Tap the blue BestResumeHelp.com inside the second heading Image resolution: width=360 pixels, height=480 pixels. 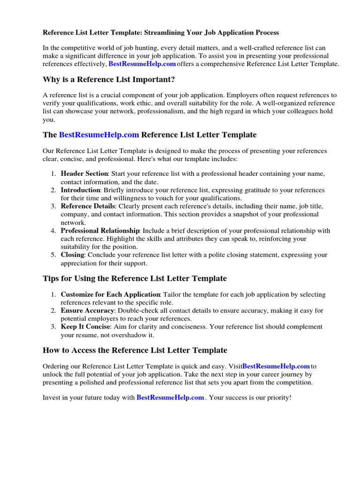point(99,135)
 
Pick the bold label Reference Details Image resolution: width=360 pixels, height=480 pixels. point(88,206)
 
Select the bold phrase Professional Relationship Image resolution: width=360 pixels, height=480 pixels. point(100,231)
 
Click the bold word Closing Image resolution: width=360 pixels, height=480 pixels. point(72,255)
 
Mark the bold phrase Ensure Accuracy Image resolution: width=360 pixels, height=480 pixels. point(87,311)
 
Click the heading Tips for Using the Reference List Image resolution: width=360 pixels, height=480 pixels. point(135,278)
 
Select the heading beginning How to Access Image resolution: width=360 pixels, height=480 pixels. point(135,350)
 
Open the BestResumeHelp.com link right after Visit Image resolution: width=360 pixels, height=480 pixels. point(276,366)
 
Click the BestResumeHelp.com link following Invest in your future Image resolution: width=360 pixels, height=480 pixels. point(170,397)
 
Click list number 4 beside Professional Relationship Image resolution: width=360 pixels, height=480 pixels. point(53,231)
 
